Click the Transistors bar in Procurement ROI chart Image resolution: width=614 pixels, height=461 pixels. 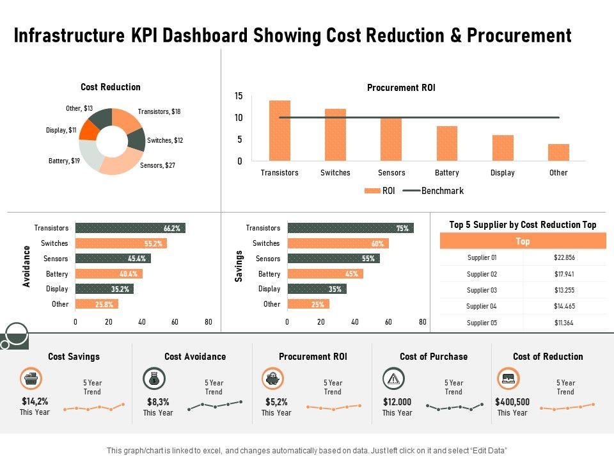279,130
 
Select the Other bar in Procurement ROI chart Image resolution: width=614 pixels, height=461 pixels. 558,152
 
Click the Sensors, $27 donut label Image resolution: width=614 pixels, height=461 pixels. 157,165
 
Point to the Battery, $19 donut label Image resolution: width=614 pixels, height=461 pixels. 64,160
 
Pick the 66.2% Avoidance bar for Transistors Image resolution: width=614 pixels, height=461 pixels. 130,228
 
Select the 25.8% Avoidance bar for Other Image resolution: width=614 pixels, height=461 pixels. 97,304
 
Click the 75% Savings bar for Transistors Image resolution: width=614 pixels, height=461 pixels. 350,228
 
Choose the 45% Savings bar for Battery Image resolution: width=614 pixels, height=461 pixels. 325,274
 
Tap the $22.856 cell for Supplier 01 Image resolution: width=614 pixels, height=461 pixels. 564,257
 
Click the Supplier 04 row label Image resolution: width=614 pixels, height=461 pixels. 482,306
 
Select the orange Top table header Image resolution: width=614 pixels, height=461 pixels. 523,241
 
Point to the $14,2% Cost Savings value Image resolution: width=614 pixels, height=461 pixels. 35,402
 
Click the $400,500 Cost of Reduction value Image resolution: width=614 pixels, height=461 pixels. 512,402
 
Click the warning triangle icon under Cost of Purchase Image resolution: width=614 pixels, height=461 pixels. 393,379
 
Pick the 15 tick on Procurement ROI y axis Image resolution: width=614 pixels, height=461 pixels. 239,96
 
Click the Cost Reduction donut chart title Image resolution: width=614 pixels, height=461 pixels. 111,87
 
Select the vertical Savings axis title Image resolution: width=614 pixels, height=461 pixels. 239,266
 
